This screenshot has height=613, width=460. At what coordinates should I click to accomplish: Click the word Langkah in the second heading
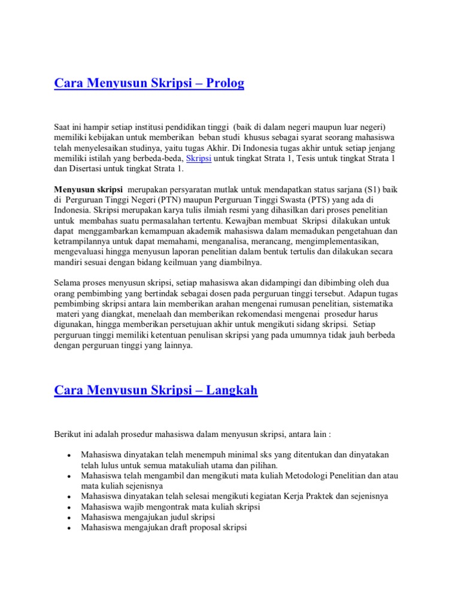pyautogui.click(x=232, y=390)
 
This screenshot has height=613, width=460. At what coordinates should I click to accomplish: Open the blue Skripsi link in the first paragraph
pyautogui.click(x=199, y=158)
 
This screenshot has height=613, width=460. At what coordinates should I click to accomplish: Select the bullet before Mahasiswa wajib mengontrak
pyautogui.click(x=71, y=507)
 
